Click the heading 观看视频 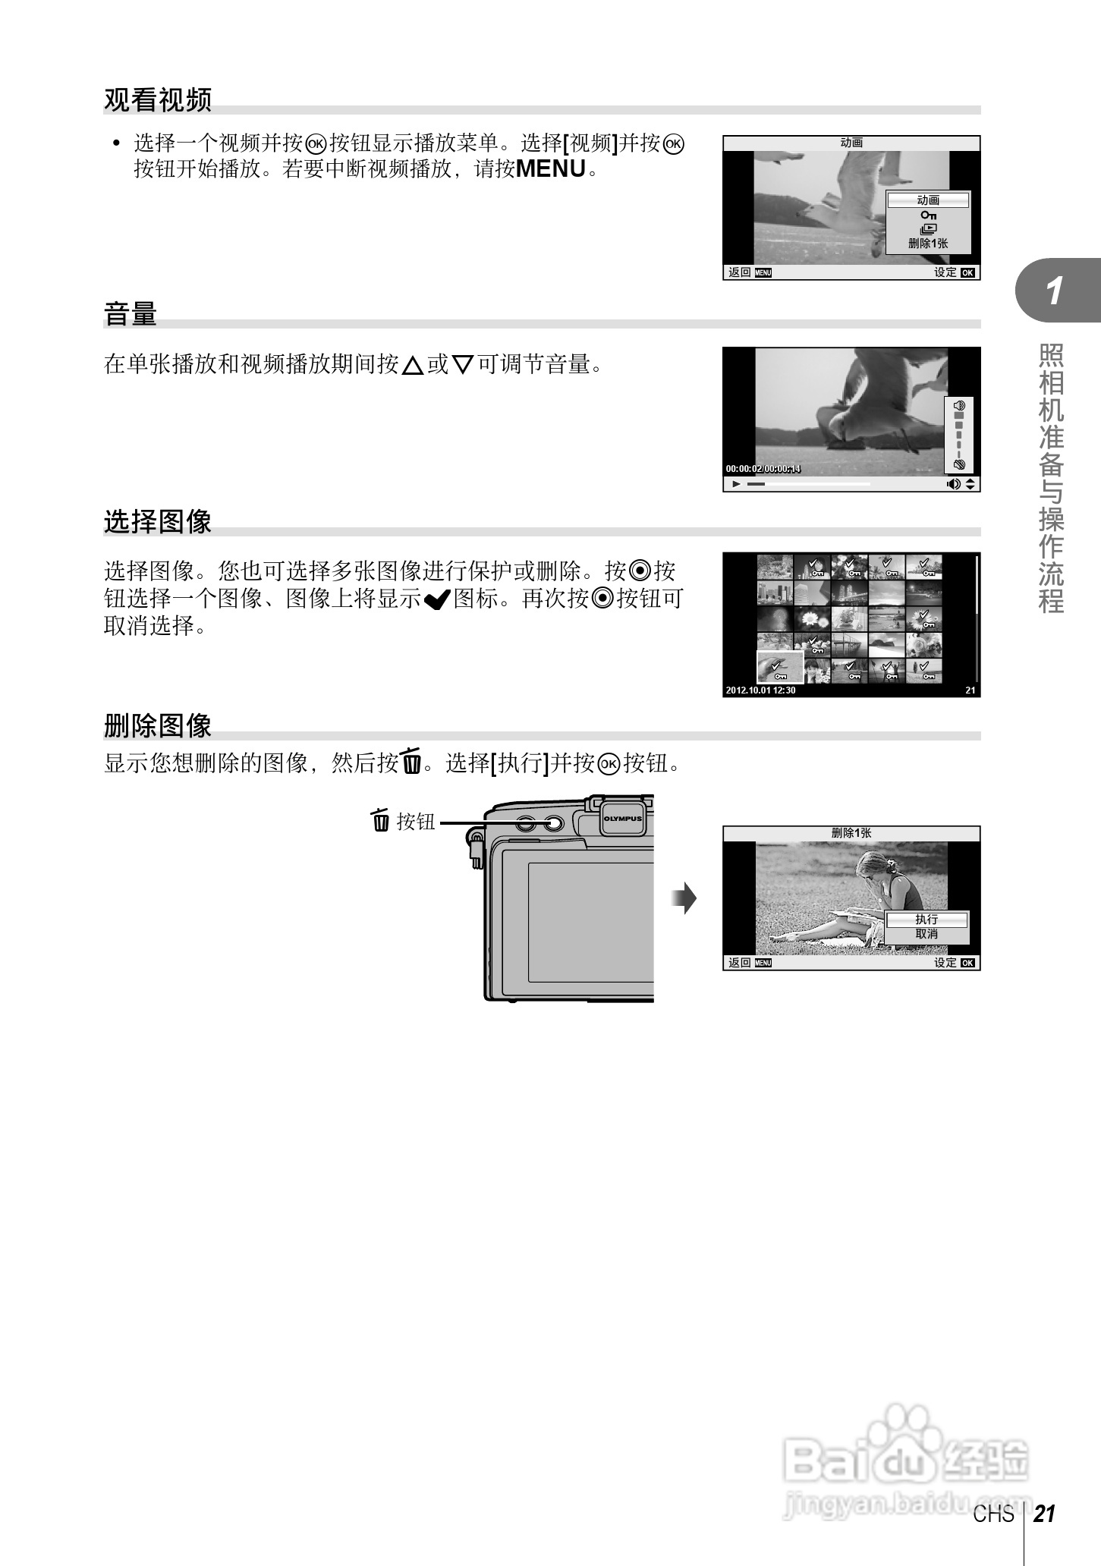click(157, 100)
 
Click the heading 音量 click(131, 314)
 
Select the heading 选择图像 click(157, 522)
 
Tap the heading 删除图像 click(157, 726)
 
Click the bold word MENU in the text click(550, 169)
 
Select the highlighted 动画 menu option click(928, 200)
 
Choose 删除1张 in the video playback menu click(928, 244)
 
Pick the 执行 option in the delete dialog click(926, 920)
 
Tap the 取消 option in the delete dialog click(926, 934)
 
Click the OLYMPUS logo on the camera click(622, 819)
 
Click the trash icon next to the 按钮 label click(380, 821)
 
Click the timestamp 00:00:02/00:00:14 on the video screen click(763, 469)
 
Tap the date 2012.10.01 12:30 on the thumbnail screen click(760, 690)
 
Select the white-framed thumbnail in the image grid click(780, 667)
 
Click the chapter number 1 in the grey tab click(1055, 291)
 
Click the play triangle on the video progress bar click(735, 484)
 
